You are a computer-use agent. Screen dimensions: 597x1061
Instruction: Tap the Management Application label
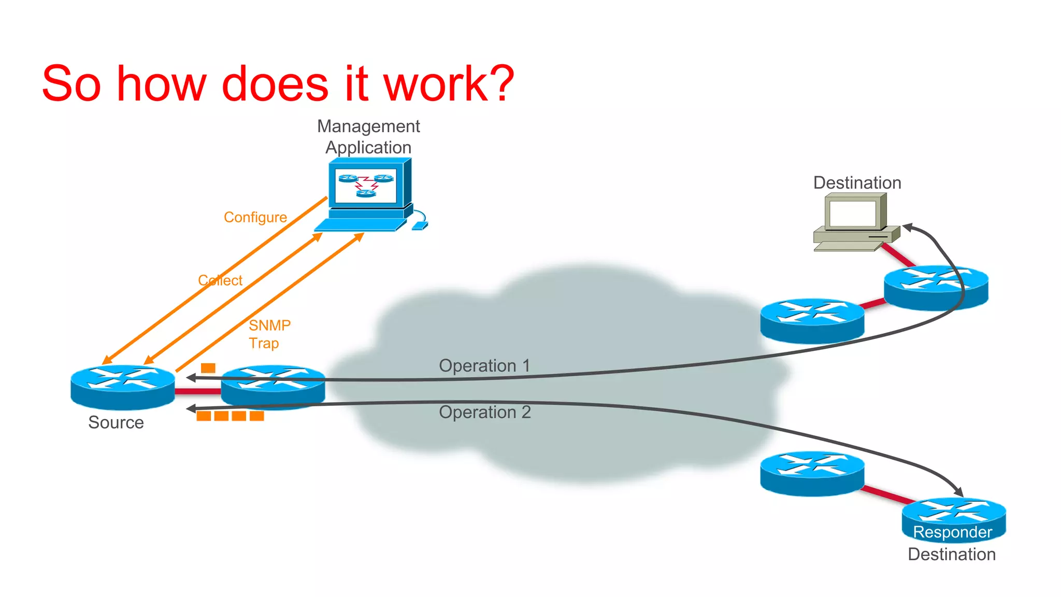pyautogui.click(x=368, y=137)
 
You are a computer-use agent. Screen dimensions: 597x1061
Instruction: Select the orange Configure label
pyautogui.click(x=255, y=217)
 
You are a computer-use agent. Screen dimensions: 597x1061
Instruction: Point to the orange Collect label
pyautogui.click(x=220, y=280)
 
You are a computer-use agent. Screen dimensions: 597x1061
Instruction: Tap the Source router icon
pyautogui.click(x=123, y=387)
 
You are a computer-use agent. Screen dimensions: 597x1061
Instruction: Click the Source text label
pyautogui.click(x=116, y=422)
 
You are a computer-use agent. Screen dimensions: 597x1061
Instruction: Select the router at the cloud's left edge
pyautogui.click(x=273, y=386)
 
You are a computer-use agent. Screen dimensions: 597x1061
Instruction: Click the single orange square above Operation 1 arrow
pyautogui.click(x=208, y=368)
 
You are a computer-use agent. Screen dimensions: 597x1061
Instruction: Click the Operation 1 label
pyautogui.click(x=484, y=366)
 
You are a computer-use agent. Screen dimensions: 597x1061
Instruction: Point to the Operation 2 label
pyautogui.click(x=484, y=413)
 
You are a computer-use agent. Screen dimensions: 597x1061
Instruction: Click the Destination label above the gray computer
pyautogui.click(x=857, y=183)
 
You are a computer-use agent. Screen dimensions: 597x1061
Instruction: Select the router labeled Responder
pyautogui.click(x=953, y=518)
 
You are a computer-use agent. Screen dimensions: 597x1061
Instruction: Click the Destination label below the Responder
pyautogui.click(x=951, y=555)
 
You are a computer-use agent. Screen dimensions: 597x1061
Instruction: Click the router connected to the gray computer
pyautogui.click(x=936, y=288)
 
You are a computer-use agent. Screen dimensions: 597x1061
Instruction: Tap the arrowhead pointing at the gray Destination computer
pyautogui.click(x=908, y=227)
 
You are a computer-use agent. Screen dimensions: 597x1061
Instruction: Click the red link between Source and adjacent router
pyautogui.click(x=198, y=391)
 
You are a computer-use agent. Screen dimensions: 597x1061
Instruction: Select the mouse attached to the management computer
pyautogui.click(x=420, y=225)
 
